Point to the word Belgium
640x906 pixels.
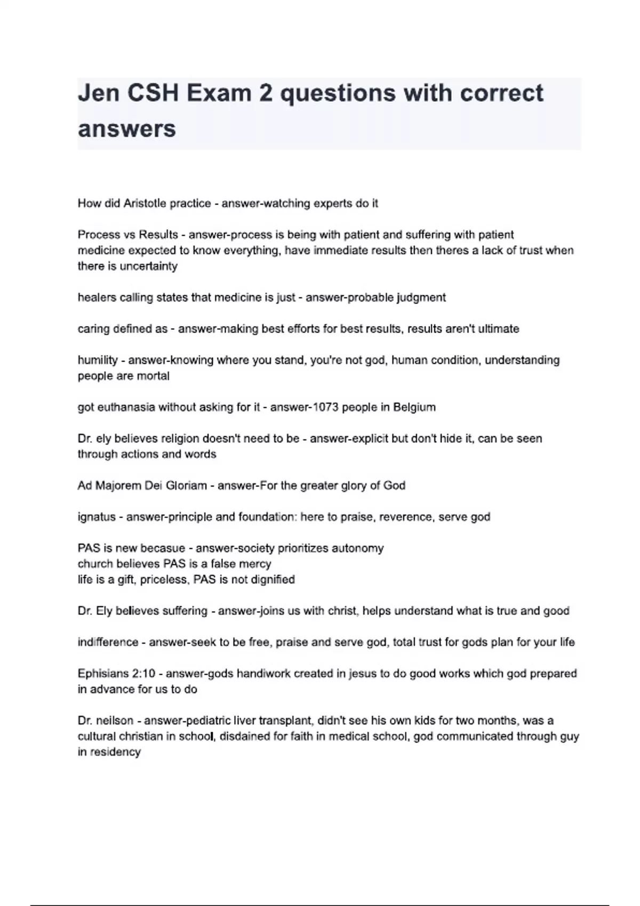414,407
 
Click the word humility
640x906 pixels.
98,360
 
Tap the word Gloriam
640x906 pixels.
186,486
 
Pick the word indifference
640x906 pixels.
108,642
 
